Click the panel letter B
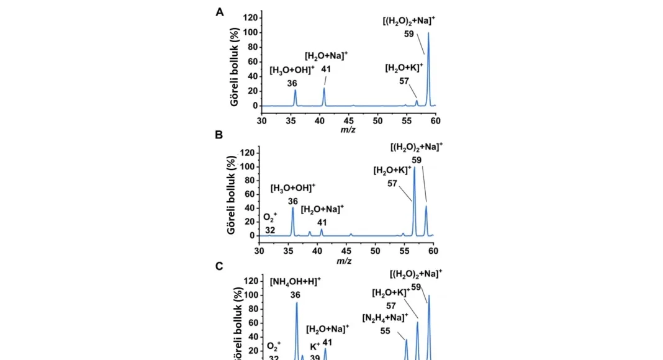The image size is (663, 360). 219,135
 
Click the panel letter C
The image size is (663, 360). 219,266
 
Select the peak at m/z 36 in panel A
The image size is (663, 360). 295,92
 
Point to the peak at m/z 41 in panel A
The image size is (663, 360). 324,90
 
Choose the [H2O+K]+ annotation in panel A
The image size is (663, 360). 404,68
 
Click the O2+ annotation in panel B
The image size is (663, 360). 271,217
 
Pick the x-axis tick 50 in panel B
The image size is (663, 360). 375,250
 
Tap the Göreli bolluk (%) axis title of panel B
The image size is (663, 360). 232,194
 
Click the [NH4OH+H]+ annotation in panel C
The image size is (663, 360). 295,281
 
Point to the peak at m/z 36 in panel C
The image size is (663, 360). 297,304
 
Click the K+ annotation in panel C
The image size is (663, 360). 315,346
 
